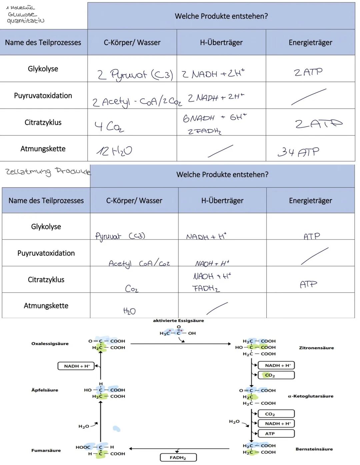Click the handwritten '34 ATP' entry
click(x=298, y=152)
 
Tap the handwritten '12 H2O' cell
click(x=114, y=151)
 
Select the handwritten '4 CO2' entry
click(x=109, y=126)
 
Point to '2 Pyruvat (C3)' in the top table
click(x=135, y=75)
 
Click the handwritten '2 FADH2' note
click(x=205, y=131)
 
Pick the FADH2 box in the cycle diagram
click(x=178, y=458)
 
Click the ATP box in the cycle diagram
click(x=276, y=434)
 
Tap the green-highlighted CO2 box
click(x=276, y=375)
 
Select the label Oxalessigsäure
click(x=50, y=344)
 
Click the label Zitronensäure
click(x=316, y=348)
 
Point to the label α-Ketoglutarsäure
click(x=310, y=396)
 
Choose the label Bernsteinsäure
click(x=314, y=449)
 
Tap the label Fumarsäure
click(x=46, y=450)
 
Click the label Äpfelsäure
click(x=45, y=390)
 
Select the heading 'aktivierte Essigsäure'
click(x=178, y=321)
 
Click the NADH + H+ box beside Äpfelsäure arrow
click(x=76, y=366)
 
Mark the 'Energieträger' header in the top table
click(x=310, y=42)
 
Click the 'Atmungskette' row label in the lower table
click(x=46, y=306)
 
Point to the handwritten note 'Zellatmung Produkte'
click(x=48, y=171)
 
